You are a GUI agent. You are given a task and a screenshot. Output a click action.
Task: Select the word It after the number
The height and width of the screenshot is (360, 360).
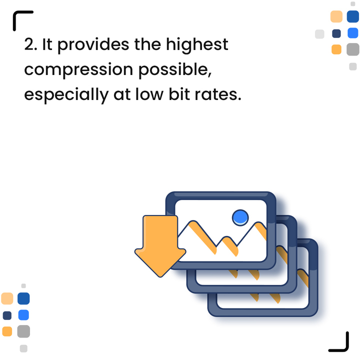47,45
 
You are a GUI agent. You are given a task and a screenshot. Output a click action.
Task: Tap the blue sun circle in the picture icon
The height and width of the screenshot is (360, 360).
240,217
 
